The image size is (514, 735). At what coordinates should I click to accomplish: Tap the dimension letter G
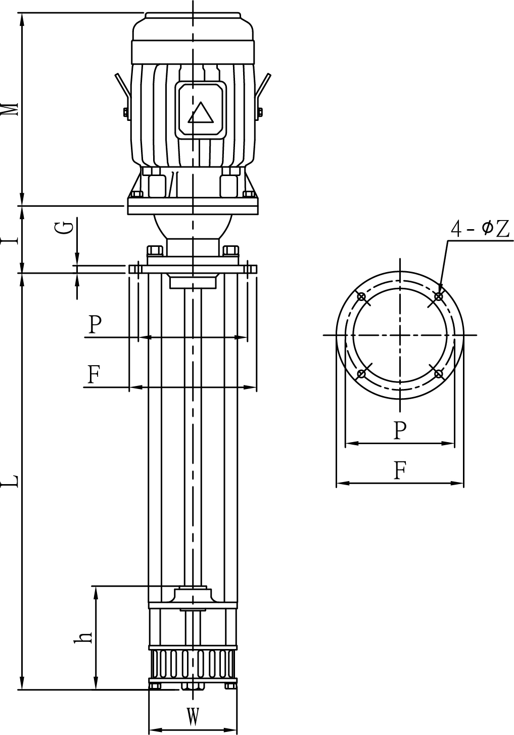tap(67, 228)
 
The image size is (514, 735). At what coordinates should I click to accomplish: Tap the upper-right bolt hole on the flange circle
tap(438, 296)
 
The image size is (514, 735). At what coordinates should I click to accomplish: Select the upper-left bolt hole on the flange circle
tap(361, 296)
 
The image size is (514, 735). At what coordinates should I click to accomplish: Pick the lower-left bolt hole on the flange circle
tap(361, 374)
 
